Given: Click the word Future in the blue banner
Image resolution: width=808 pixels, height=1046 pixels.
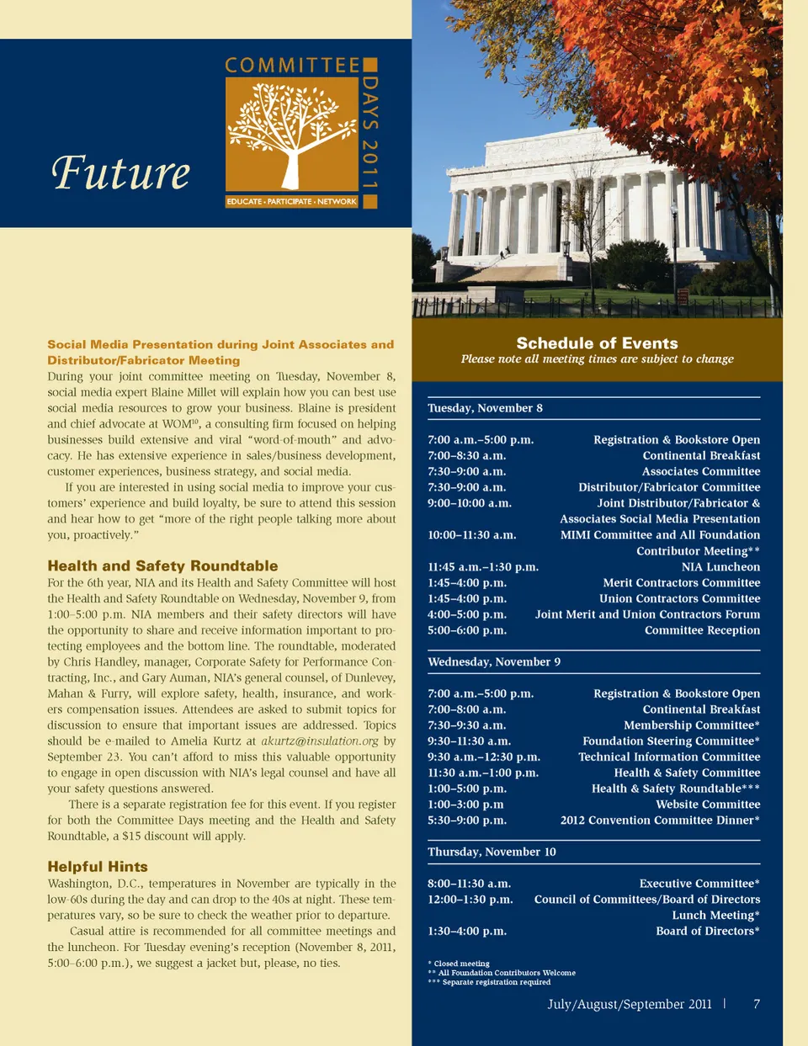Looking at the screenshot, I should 121,173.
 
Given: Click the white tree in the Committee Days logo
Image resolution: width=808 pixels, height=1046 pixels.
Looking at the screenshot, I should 291,135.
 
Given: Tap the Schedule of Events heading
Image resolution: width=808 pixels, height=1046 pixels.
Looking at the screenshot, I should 597,343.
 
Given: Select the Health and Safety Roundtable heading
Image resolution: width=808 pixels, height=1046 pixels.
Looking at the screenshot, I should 162,566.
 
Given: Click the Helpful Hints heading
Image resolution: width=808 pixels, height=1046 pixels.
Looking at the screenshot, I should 98,867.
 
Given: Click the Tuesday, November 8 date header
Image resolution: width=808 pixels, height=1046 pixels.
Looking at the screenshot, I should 485,408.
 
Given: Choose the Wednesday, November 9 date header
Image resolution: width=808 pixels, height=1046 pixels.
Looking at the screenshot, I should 494,662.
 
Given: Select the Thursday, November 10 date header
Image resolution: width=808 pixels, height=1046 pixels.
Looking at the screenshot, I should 492,852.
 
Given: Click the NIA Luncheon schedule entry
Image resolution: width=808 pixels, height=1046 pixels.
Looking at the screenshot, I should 720,567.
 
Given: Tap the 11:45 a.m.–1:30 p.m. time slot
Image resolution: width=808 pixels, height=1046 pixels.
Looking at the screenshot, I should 483,567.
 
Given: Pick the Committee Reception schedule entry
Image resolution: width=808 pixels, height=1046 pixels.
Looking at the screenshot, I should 702,630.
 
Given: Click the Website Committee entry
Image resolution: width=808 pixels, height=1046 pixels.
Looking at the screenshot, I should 708,804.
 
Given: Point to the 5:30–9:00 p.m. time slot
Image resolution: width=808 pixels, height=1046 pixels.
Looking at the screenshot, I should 467,820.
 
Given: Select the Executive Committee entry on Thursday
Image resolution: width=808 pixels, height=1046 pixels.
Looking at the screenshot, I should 699,884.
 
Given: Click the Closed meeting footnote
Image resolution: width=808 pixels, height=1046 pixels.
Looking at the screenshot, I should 461,964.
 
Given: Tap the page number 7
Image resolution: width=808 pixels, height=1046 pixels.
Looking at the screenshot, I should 757,1004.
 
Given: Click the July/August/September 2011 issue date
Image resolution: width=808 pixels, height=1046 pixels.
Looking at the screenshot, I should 630,1004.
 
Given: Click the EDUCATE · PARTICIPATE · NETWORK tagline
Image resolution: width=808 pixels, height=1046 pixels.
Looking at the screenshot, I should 292,202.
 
